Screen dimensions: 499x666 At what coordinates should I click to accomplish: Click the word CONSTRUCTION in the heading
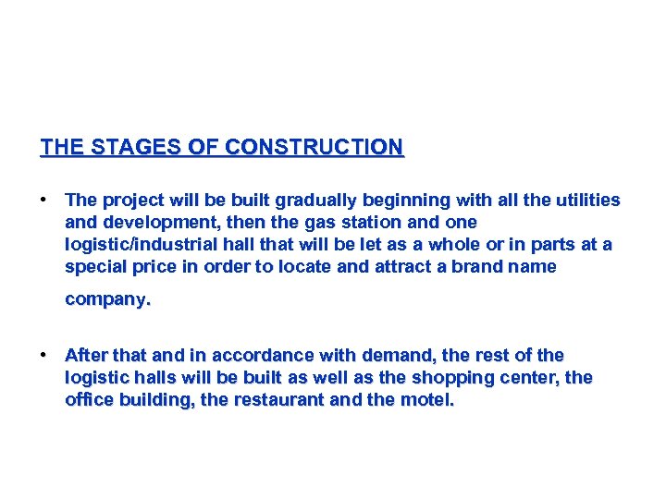[x=314, y=147]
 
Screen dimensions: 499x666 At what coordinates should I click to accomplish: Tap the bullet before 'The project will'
[x=43, y=200]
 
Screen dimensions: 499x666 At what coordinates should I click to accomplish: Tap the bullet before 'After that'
[x=43, y=355]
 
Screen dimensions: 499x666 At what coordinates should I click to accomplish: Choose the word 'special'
[x=96, y=267]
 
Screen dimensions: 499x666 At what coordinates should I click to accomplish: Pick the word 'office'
[x=89, y=400]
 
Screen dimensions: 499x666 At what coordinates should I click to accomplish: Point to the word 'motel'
[x=425, y=400]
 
